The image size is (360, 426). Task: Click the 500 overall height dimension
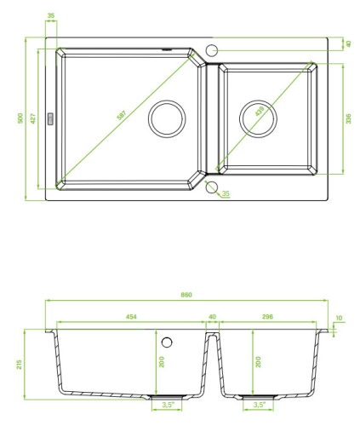(20, 118)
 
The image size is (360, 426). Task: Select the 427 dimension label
(33, 118)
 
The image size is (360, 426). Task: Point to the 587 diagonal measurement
(123, 114)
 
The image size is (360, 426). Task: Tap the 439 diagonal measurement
(260, 111)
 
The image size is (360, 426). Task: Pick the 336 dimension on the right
(348, 118)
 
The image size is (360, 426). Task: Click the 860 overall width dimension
(186, 295)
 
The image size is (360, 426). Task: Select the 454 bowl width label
(131, 316)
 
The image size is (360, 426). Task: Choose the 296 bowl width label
(267, 316)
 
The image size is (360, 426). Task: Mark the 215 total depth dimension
(19, 365)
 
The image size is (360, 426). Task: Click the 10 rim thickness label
(339, 318)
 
